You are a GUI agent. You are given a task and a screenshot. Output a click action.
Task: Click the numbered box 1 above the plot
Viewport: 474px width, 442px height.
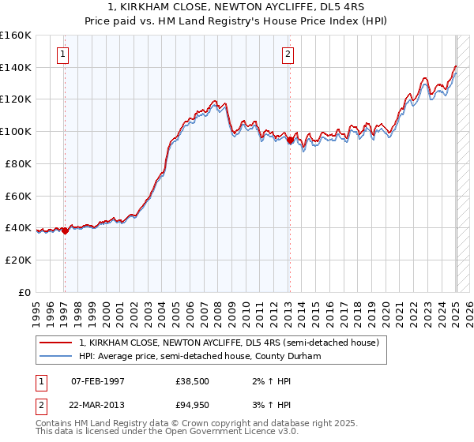click(x=62, y=54)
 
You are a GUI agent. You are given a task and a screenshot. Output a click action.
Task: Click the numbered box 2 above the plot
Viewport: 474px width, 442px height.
click(x=288, y=54)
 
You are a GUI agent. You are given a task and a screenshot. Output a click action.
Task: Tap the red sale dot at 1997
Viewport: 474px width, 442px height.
click(x=65, y=230)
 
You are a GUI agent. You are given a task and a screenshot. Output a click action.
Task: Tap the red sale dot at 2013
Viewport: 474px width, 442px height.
click(x=290, y=140)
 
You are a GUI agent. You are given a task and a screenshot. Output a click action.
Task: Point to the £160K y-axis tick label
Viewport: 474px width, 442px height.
click(x=16, y=36)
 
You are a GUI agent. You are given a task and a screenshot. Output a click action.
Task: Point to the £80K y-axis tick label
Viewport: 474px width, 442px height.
click(x=18, y=163)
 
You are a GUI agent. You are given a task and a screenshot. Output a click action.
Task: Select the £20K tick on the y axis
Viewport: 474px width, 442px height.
click(x=18, y=260)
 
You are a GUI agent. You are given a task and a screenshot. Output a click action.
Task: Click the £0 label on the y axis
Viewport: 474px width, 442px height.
click(x=24, y=292)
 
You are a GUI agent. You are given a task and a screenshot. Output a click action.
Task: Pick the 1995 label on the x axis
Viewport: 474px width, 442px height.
click(x=36, y=309)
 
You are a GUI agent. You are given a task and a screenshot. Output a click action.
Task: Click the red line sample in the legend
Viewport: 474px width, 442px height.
click(x=56, y=343)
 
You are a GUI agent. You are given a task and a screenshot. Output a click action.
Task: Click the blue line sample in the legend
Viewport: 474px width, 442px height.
click(x=56, y=357)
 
